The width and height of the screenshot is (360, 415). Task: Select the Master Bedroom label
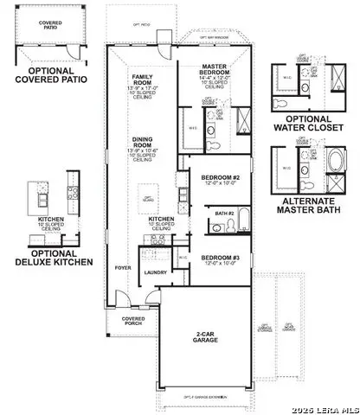point(213,68)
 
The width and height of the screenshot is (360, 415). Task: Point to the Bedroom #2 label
point(211,177)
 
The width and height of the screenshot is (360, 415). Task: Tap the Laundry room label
point(156,272)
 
